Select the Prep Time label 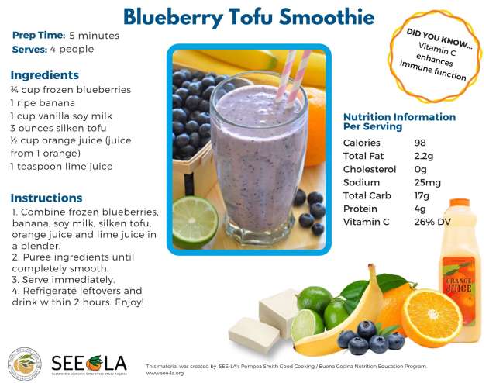tap(38, 36)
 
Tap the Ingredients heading tap(44, 75)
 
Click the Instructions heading tap(46, 198)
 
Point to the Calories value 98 tap(421, 143)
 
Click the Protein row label tap(360, 209)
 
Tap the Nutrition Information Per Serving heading tap(398, 121)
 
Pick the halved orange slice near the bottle tap(432, 317)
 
